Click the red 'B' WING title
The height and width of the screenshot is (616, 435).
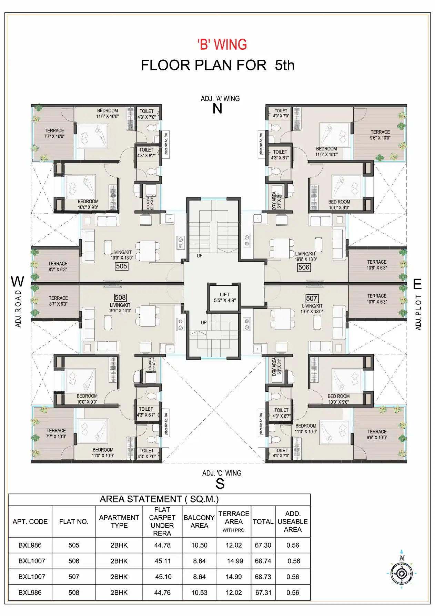tap(222, 45)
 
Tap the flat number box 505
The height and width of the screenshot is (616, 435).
tap(121, 266)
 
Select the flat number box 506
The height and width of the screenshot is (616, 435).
tap(304, 267)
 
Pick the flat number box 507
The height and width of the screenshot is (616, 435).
tap(312, 299)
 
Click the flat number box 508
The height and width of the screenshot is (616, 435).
tap(120, 297)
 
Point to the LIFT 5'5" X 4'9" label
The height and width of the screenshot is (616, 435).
tap(224, 297)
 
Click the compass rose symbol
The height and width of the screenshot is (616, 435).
tap(402, 574)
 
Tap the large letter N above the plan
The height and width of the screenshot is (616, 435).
tap(217, 109)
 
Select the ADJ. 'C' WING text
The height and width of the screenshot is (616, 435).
tap(222, 473)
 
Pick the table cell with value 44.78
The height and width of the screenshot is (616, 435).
tap(162, 545)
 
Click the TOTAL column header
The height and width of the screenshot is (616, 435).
tap(263, 521)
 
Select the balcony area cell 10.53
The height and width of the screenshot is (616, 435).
tap(199, 593)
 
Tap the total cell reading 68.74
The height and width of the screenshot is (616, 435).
tap(263, 561)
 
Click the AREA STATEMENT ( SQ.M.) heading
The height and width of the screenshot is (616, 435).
tap(159, 499)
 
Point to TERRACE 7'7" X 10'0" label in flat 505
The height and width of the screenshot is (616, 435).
tap(54, 134)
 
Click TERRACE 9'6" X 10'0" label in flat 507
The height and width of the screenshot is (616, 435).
tap(377, 434)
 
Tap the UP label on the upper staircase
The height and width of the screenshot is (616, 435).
tap(200, 256)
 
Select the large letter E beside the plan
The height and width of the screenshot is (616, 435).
tap(417, 284)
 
